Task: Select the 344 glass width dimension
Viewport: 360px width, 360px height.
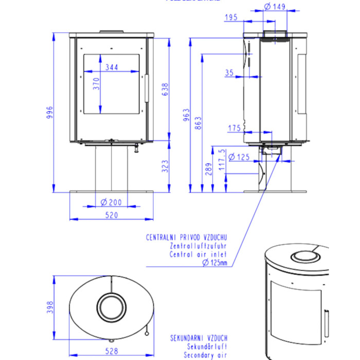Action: pos(111,67)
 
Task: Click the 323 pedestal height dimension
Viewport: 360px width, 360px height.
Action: pos(165,166)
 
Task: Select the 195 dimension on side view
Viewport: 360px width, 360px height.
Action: pos(231,18)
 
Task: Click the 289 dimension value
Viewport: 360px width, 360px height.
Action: pos(208,169)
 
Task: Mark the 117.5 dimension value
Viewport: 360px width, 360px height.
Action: pos(222,159)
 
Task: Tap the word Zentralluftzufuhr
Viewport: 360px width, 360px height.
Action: pos(198,246)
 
